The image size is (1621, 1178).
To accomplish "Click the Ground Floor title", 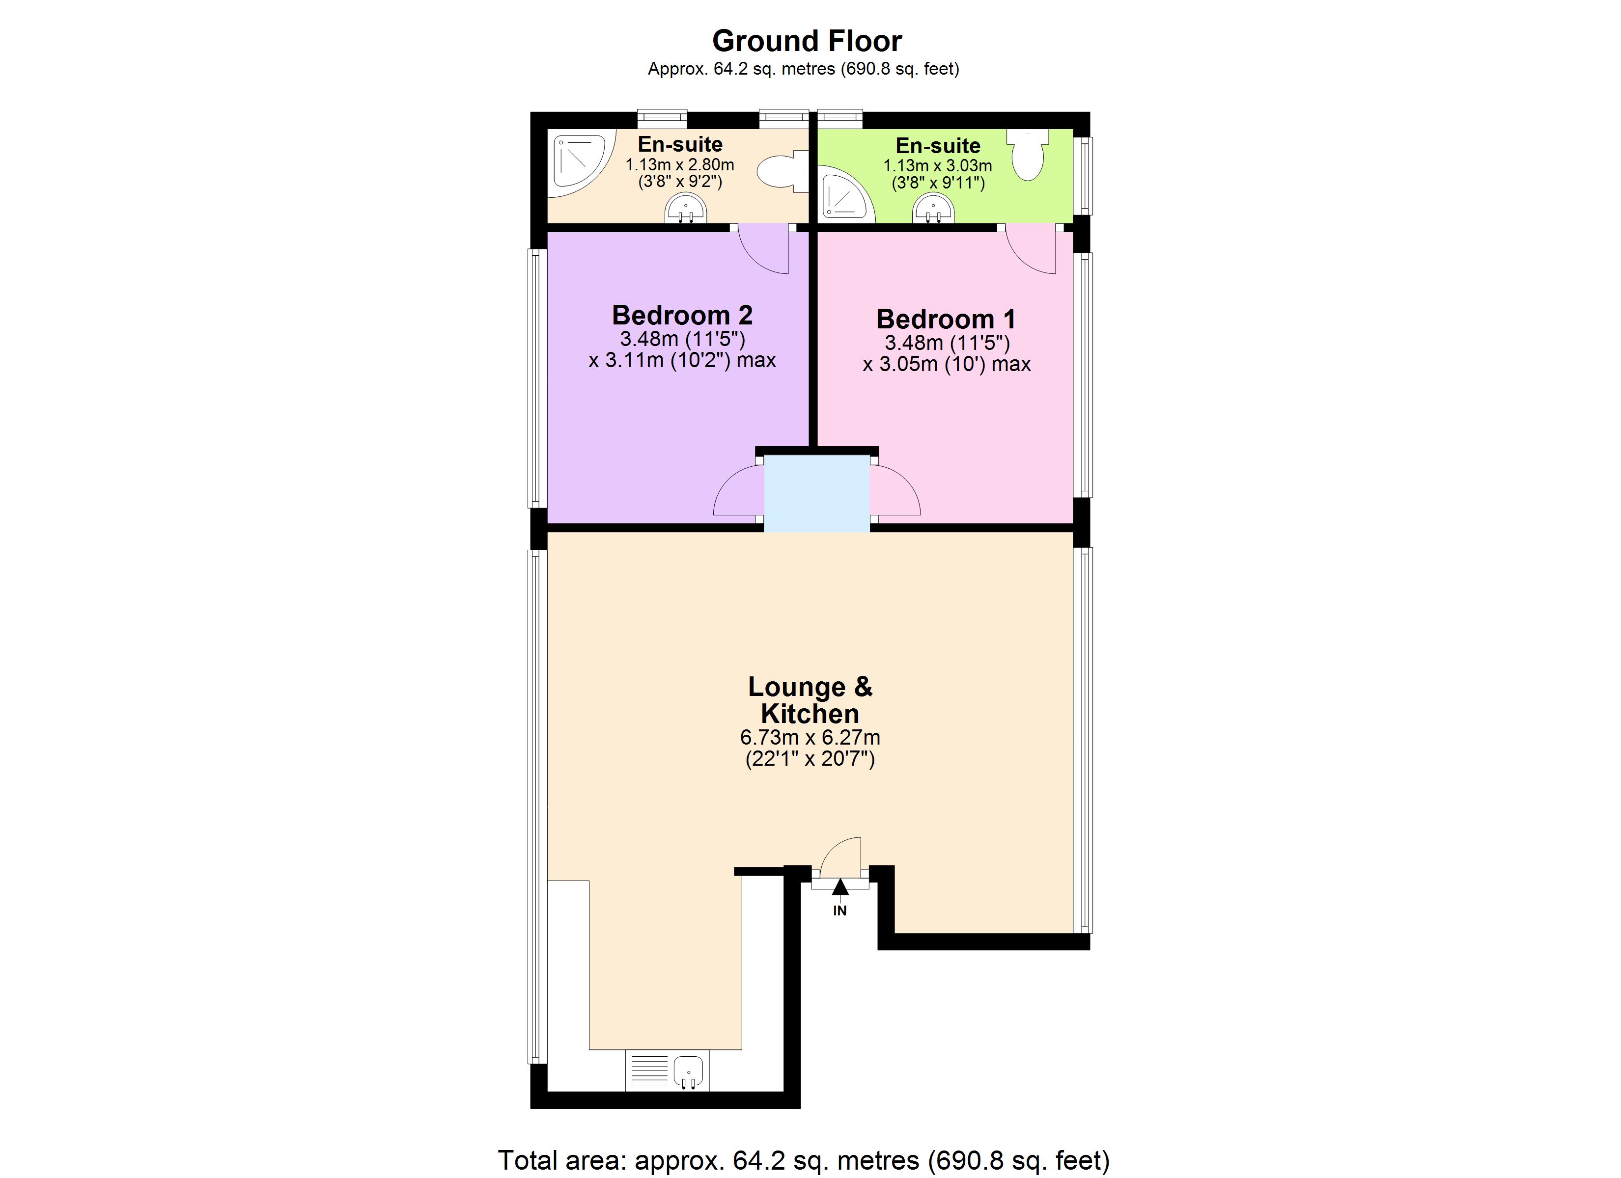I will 807,41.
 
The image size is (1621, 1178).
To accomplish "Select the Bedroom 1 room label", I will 946,319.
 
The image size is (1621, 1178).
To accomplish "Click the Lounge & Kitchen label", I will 810,700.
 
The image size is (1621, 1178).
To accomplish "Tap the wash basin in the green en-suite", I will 933,210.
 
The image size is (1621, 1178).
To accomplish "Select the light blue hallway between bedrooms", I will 817,493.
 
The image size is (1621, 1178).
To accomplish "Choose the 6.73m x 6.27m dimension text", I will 810,737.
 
